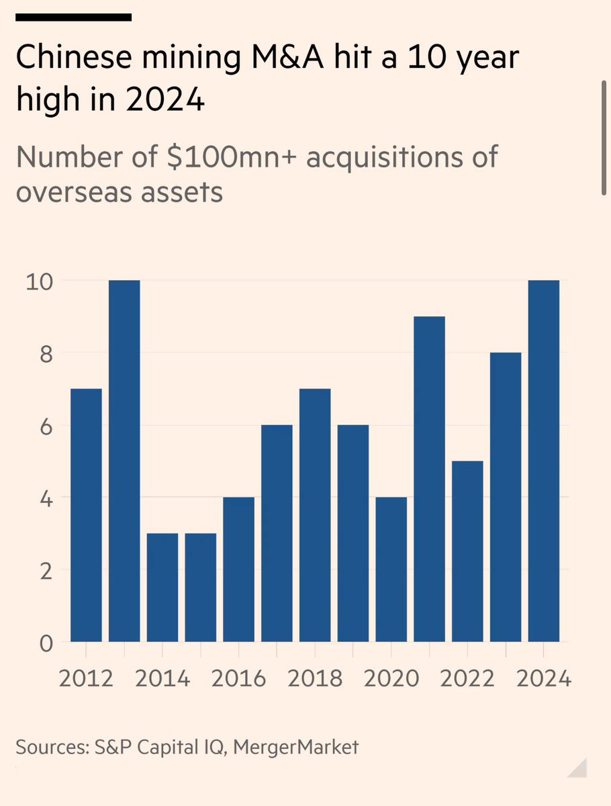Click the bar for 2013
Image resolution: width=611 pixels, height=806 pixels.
pos(124,461)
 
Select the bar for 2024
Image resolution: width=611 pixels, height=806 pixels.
pos(544,461)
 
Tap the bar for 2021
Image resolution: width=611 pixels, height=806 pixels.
pos(429,479)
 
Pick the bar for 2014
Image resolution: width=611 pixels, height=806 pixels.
pos(162,588)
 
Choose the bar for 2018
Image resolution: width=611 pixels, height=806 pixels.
pos(315,515)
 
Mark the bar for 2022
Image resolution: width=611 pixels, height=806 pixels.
pos(467,551)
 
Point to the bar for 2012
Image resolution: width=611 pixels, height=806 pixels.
pos(86,515)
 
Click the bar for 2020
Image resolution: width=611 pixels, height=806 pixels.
pos(391,570)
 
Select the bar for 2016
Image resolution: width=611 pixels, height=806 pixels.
pos(238,570)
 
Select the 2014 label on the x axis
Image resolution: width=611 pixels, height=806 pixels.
pos(162,678)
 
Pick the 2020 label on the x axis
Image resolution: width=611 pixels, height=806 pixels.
pos(391,678)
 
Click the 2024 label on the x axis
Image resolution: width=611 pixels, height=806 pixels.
pos(544,678)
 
